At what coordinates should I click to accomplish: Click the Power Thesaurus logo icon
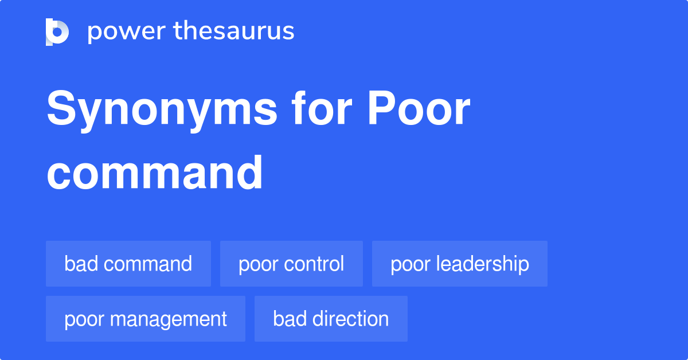(57, 32)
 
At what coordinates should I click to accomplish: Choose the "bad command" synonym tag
(128, 264)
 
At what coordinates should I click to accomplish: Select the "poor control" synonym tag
(291, 264)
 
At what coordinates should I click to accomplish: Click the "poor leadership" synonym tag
(460, 264)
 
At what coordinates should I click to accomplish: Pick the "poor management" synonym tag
(146, 319)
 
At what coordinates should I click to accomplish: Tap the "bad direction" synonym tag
(331, 319)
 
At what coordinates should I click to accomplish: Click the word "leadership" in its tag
(482, 264)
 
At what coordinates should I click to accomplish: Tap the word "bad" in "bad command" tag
(80, 264)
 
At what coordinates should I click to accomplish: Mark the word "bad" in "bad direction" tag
(289, 319)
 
